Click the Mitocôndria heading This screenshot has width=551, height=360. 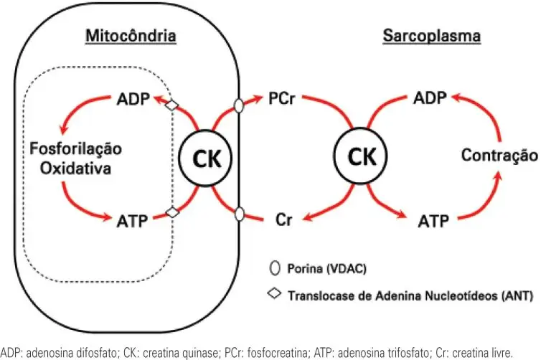pyautogui.click(x=131, y=35)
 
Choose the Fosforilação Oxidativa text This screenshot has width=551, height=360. pyautogui.click(x=75, y=157)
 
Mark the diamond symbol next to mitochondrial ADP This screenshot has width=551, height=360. pyautogui.click(x=171, y=105)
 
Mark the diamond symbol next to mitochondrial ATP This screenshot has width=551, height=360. pyautogui.click(x=171, y=212)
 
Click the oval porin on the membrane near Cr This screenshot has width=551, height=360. pyautogui.click(x=240, y=213)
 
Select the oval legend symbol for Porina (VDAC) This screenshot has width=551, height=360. pyautogui.click(x=273, y=270)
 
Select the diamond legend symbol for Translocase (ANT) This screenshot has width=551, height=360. pyautogui.click(x=273, y=295)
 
